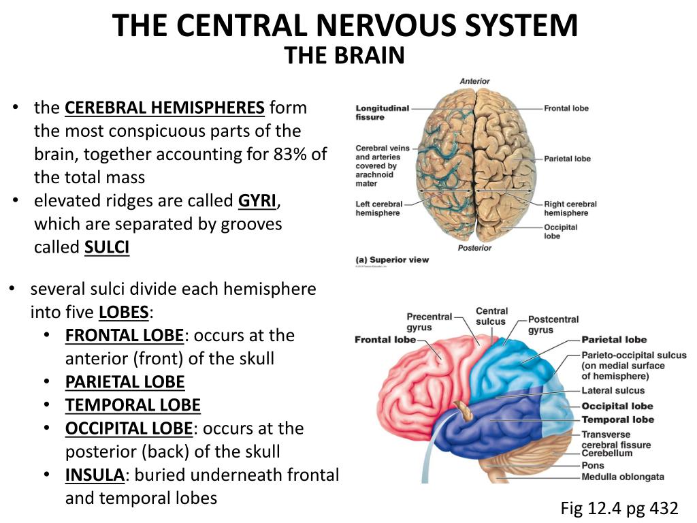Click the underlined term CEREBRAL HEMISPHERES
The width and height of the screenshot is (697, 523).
[x=164, y=108]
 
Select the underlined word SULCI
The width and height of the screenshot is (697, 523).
[x=107, y=248]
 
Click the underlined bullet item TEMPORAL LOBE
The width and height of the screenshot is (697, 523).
[x=133, y=406]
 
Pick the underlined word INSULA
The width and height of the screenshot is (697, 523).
[x=95, y=475]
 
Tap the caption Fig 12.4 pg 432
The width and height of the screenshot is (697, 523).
[x=619, y=508]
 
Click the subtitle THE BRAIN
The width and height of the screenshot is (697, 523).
[x=344, y=56]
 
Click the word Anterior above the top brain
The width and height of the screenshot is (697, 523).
[x=474, y=82]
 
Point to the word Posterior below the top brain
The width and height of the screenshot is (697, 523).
[x=474, y=248]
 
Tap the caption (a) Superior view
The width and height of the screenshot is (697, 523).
[x=392, y=260]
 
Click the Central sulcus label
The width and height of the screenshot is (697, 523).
[x=491, y=317]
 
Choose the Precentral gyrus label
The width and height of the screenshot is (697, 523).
[x=429, y=321]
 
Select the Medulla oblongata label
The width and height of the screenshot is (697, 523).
[x=622, y=477]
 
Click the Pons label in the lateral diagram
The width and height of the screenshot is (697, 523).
[x=592, y=465]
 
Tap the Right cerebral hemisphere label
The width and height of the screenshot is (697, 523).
[x=570, y=208]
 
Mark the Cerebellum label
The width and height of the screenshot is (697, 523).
[x=606, y=454]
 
